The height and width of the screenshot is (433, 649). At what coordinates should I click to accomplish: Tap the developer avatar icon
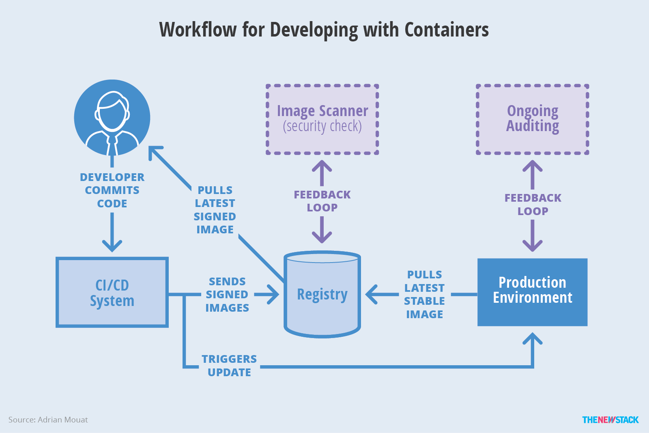(112, 118)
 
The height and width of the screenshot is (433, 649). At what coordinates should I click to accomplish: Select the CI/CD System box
(112, 293)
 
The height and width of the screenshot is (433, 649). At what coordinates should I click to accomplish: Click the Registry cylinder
(322, 295)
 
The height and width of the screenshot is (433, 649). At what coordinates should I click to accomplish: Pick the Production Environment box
(532, 292)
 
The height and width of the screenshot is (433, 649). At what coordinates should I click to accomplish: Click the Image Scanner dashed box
(322, 119)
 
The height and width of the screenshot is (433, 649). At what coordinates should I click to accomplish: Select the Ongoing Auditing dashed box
(532, 119)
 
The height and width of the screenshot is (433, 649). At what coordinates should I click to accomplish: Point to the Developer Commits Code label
(112, 190)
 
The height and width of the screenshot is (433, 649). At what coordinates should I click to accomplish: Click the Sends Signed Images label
(227, 295)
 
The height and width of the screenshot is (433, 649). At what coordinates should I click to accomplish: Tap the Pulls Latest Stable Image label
(424, 294)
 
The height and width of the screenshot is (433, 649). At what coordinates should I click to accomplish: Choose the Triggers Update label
(229, 366)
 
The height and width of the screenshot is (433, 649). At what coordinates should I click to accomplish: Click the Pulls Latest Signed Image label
(215, 210)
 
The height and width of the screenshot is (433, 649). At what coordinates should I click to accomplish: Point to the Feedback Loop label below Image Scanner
(322, 201)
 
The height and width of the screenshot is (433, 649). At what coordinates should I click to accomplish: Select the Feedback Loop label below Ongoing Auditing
(533, 205)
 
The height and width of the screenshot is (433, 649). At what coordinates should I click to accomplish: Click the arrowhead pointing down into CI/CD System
(112, 246)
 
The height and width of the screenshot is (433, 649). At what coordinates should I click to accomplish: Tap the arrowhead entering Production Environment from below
(532, 338)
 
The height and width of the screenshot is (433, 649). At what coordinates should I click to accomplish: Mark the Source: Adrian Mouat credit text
(48, 420)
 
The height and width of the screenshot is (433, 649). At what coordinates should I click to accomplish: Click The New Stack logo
(610, 420)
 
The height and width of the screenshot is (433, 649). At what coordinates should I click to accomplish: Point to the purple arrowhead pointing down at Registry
(322, 237)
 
